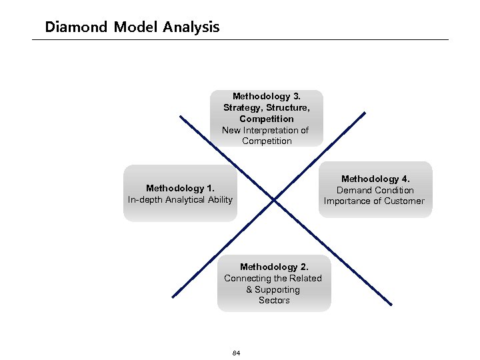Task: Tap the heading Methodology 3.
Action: tap(267, 96)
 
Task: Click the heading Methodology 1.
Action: tap(181, 188)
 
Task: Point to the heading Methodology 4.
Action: tap(375, 179)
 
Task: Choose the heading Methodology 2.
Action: tap(273, 267)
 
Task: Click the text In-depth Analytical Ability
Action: tap(181, 199)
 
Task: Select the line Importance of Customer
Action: tap(374, 201)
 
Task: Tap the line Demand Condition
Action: tap(375, 190)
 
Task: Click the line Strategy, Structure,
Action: tap(267, 107)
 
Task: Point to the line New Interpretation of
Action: tap(265, 130)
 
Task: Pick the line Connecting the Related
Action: tap(273, 278)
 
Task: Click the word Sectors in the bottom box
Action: tap(274, 301)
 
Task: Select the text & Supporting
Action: tap(273, 289)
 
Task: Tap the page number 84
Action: tap(237, 352)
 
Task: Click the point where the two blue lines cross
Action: tap(274, 199)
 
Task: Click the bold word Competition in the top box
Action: tap(267, 119)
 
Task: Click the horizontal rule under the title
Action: tap(240, 39)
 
